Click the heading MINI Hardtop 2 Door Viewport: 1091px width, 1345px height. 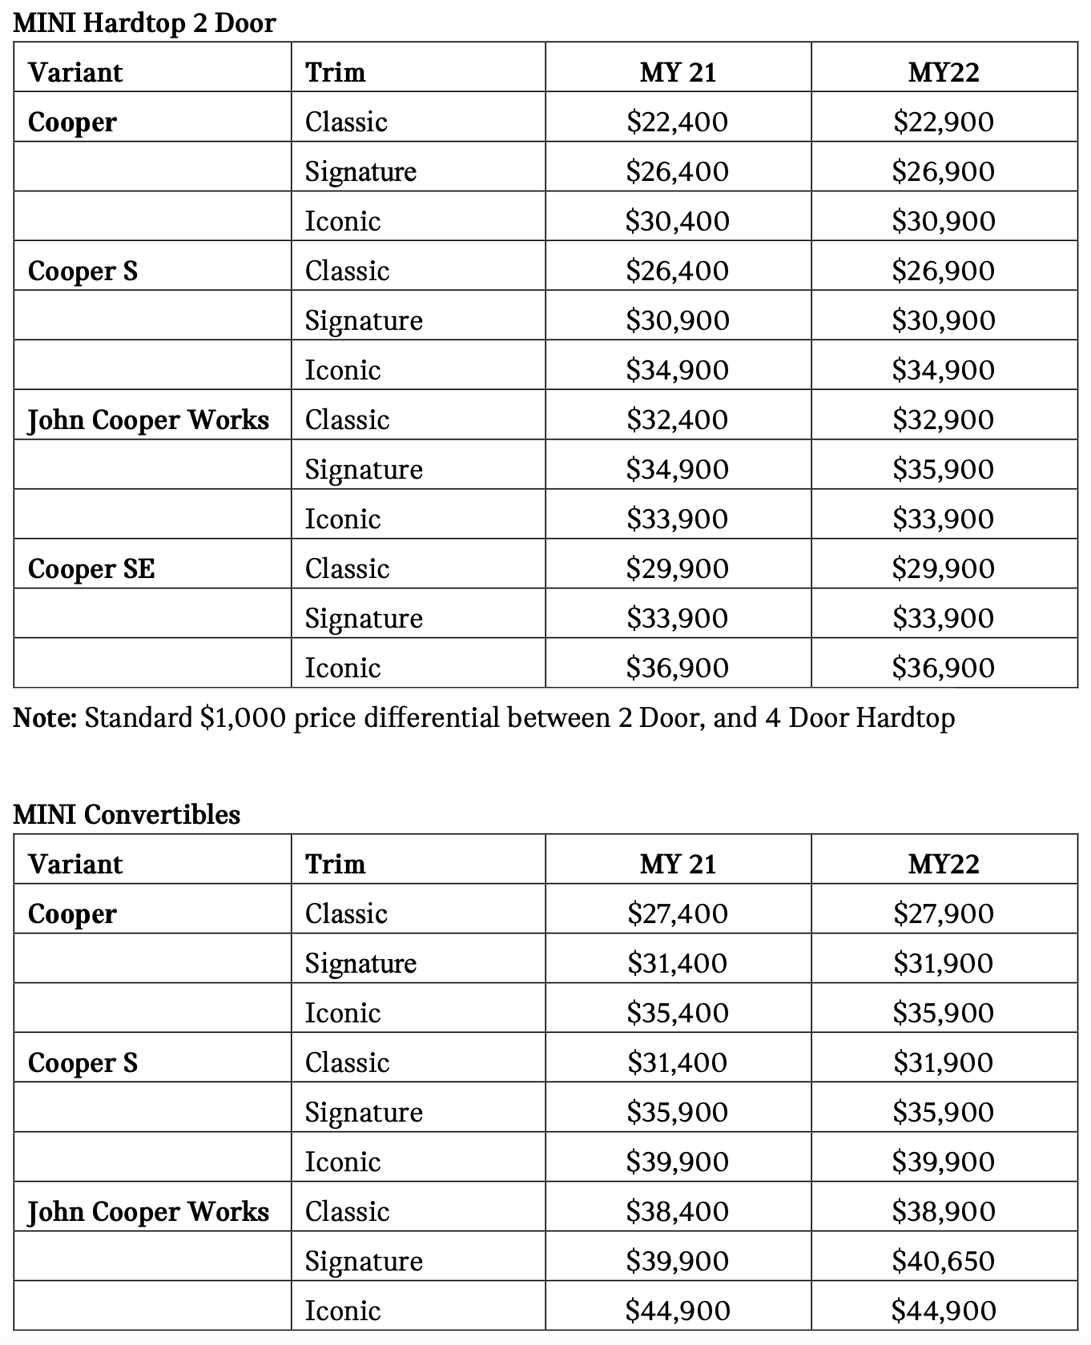click(x=145, y=22)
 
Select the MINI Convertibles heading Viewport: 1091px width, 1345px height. click(x=127, y=814)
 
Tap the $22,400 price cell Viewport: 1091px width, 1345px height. click(x=677, y=122)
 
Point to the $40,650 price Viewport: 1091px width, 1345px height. click(x=943, y=1261)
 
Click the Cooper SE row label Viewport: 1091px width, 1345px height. click(x=91, y=568)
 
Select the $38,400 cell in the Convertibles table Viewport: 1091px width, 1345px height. click(x=677, y=1211)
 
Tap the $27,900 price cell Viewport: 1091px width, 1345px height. click(x=943, y=913)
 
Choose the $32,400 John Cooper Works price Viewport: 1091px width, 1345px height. click(x=677, y=420)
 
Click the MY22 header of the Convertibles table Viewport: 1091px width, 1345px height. click(x=943, y=864)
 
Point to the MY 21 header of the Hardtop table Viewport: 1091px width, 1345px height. click(x=677, y=72)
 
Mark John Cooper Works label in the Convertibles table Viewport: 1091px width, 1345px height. click(x=148, y=1211)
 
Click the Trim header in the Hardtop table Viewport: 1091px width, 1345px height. click(x=335, y=72)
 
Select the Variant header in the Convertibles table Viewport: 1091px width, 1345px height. click(x=75, y=864)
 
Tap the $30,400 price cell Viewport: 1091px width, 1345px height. click(x=677, y=221)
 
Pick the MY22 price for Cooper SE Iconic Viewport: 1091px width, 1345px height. click(x=943, y=668)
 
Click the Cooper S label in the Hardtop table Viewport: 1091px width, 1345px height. click(x=83, y=271)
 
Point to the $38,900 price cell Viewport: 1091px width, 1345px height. click(x=943, y=1211)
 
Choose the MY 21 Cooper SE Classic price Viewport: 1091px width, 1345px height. click(x=677, y=568)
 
